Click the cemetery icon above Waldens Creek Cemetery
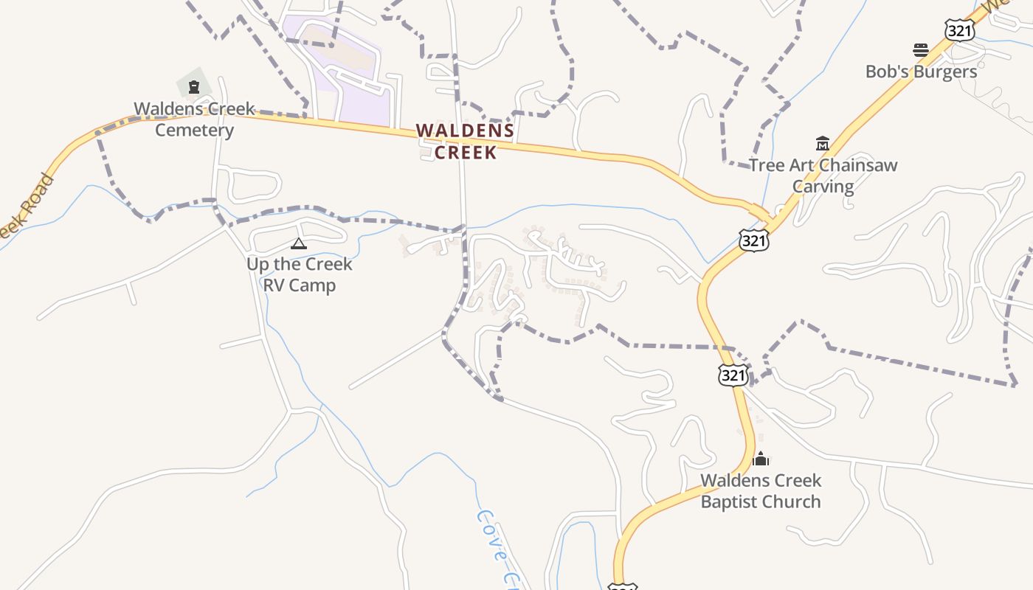click(194, 87)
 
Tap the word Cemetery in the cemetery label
click(194, 131)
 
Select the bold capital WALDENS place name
click(465, 131)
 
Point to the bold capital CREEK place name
click(465, 153)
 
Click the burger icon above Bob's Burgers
click(921, 50)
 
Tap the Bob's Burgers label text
click(921, 72)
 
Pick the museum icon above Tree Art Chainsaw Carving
click(823, 143)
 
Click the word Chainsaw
click(856, 164)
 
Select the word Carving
click(823, 186)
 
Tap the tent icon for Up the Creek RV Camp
click(299, 243)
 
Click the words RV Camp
click(299, 285)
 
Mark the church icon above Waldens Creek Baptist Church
click(761, 459)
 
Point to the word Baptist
click(732, 502)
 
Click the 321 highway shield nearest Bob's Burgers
click(959, 30)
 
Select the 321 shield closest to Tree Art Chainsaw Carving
click(753, 240)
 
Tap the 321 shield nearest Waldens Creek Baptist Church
click(733, 375)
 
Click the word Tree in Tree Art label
click(765, 164)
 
